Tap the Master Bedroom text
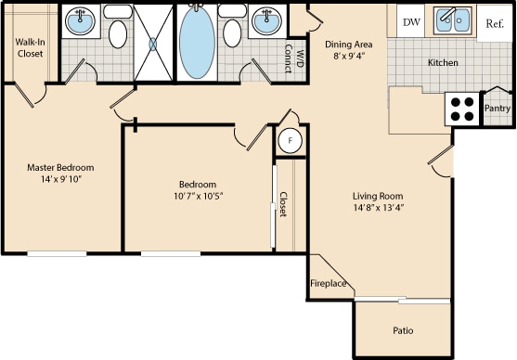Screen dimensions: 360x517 point(60,168)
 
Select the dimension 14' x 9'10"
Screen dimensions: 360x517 point(60,180)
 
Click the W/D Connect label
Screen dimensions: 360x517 point(293,58)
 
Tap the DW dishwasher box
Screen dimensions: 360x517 point(410,21)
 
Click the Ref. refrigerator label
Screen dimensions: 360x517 point(495,22)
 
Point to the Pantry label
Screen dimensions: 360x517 point(498,109)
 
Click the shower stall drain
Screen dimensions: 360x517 point(154,44)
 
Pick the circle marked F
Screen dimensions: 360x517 point(291,141)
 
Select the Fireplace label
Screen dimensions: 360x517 point(329,283)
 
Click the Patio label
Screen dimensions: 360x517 point(402,330)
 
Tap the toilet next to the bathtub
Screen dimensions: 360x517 point(231,34)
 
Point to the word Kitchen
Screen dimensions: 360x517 point(442,63)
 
